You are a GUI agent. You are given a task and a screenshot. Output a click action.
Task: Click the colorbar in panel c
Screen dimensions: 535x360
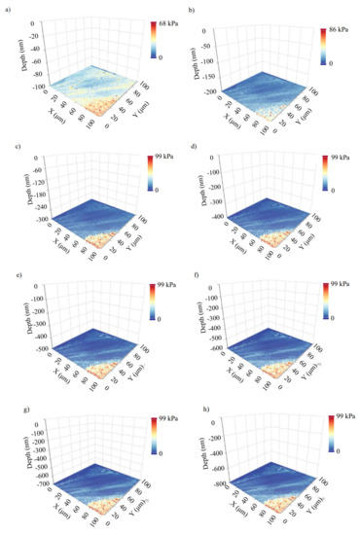point(153,172)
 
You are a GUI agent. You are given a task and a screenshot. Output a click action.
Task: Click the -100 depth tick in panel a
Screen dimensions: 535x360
point(26,88)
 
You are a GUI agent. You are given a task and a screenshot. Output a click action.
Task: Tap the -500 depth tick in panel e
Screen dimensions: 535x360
point(26,346)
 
